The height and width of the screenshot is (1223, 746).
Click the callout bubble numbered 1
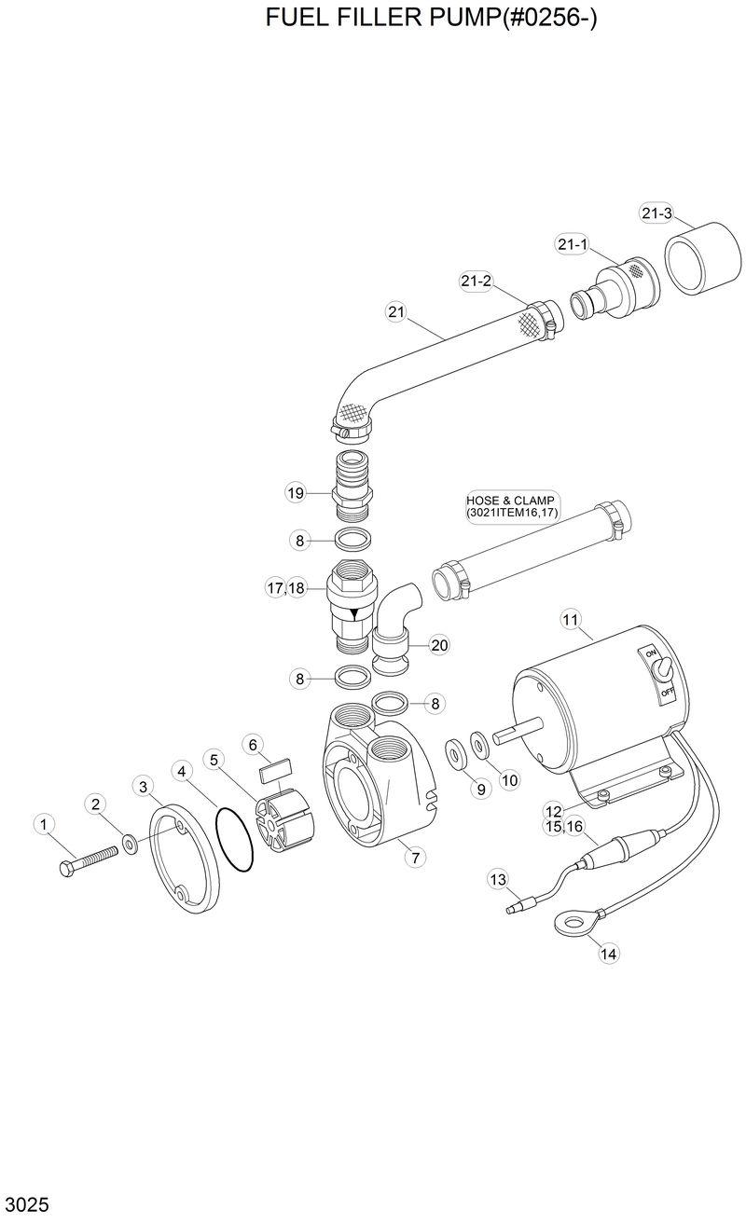pos(42,824)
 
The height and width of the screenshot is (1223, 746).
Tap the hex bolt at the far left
pos(89,859)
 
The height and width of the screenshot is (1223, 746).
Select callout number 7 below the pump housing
pos(413,857)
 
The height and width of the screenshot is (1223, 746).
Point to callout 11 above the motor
pos(570,618)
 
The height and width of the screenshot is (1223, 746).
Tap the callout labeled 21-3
pos(656,213)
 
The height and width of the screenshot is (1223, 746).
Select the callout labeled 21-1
pos(572,244)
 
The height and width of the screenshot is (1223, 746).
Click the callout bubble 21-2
pos(476,281)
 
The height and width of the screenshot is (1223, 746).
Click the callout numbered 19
pos(296,492)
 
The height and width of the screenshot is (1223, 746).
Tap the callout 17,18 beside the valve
pos(285,588)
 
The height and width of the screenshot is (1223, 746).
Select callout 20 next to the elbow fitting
pos(439,644)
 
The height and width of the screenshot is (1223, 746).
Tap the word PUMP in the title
pos(460,18)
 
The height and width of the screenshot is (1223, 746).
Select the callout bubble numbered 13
pos(498,879)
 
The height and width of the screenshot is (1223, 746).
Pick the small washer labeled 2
pos(130,845)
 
